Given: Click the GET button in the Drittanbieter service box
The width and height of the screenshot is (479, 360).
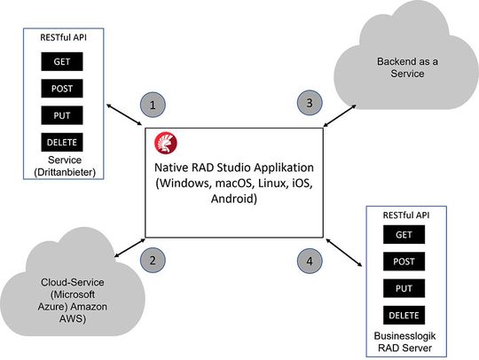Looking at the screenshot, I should pyautogui.click(x=62, y=62).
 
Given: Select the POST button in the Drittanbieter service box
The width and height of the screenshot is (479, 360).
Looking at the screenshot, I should pyautogui.click(x=62, y=89).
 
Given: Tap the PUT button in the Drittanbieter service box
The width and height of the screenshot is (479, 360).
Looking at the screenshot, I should pyautogui.click(x=62, y=115).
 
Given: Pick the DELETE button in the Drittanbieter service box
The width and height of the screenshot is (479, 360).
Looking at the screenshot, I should pyautogui.click(x=62, y=142).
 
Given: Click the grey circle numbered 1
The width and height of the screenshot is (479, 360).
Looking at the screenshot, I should pyautogui.click(x=153, y=105).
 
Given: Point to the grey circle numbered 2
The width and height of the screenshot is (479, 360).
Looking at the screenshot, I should pyautogui.click(x=153, y=260).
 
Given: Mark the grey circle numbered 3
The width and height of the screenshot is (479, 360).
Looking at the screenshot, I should pyautogui.click(x=310, y=104).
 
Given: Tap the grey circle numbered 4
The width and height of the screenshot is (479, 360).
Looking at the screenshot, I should pyautogui.click(x=310, y=262).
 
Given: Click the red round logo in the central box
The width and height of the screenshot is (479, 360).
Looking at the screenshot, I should pyautogui.click(x=165, y=142).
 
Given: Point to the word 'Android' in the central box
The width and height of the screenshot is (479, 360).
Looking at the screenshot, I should pyautogui.click(x=233, y=200).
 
